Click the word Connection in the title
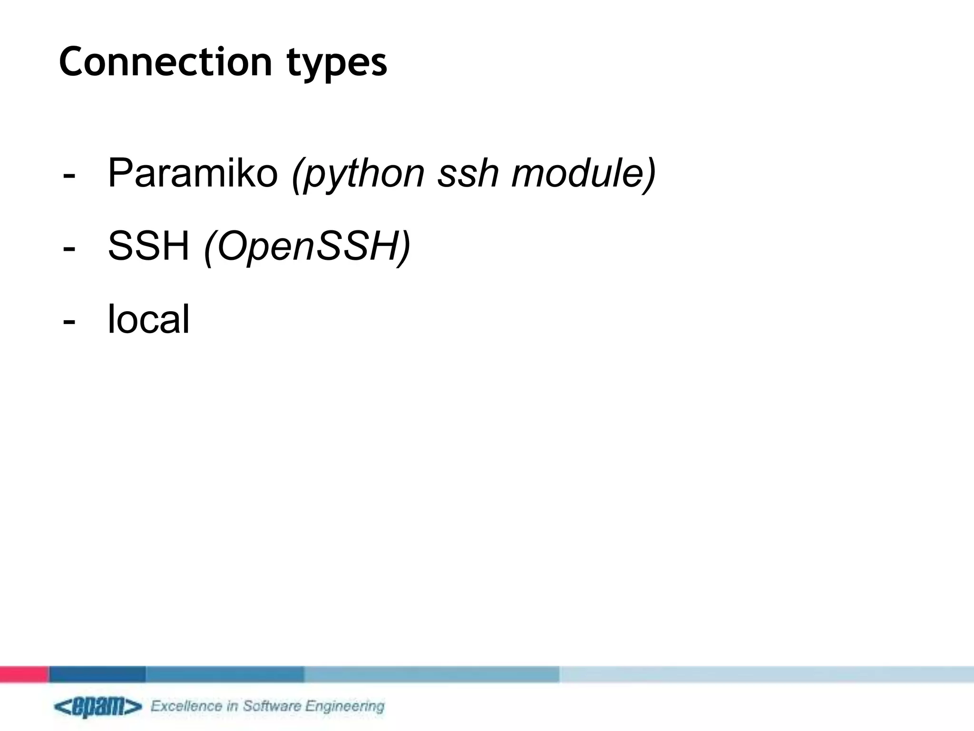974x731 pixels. (x=165, y=62)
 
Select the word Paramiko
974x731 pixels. (x=193, y=173)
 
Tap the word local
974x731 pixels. (x=149, y=319)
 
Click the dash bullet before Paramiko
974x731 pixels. (x=69, y=176)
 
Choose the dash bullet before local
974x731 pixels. (x=69, y=322)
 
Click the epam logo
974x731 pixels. (x=97, y=707)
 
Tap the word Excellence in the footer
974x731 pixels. (x=187, y=706)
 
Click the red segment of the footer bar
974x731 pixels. (x=24, y=674)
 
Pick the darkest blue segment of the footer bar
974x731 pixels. (x=97, y=674)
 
